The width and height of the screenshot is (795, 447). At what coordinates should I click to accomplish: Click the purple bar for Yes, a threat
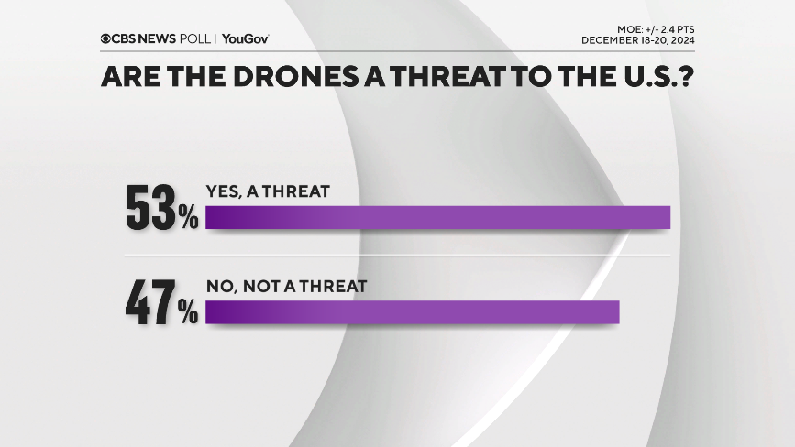point(438,217)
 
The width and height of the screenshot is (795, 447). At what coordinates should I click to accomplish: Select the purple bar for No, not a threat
point(413,312)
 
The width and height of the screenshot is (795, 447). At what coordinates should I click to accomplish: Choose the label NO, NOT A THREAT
point(286,286)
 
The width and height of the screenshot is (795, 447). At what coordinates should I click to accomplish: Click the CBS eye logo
point(106,38)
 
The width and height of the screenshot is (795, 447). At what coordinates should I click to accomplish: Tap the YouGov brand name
point(245,38)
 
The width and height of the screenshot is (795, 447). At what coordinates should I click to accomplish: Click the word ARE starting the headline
point(127,79)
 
